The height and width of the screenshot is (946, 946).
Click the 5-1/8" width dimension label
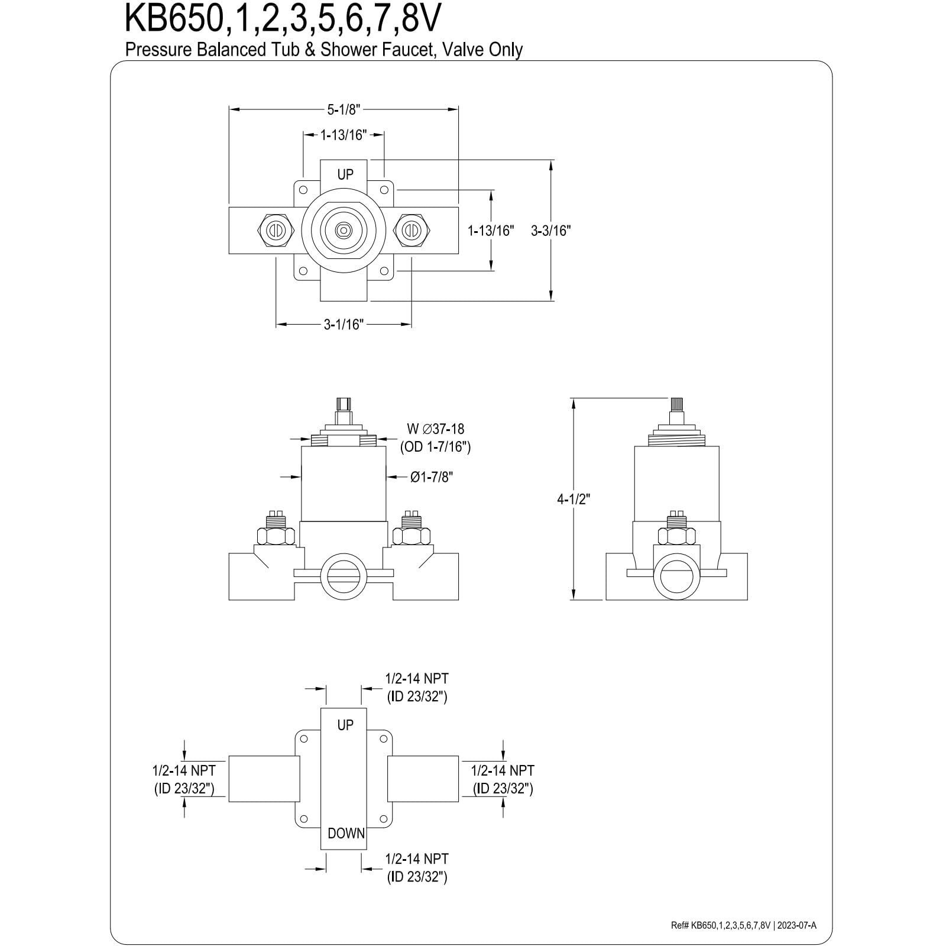click(344, 109)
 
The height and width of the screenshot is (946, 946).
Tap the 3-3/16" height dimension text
click(550, 231)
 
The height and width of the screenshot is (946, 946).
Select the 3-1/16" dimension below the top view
click(344, 324)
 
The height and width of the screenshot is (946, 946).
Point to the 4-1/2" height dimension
click(574, 498)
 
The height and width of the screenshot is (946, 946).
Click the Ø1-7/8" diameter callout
click(432, 477)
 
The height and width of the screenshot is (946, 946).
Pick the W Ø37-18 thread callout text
click(436, 429)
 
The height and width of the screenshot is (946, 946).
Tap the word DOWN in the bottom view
click(346, 834)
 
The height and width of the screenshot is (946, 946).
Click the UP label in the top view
click(345, 174)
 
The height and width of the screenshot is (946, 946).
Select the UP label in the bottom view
click(345, 725)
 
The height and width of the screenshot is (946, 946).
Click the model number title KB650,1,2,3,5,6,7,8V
click(282, 20)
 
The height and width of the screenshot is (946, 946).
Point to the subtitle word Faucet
click(393, 50)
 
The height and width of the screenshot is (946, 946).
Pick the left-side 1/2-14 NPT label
click(184, 771)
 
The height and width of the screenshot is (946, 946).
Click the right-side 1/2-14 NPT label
click(503, 771)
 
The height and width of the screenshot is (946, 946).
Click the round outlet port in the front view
click(344, 573)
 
